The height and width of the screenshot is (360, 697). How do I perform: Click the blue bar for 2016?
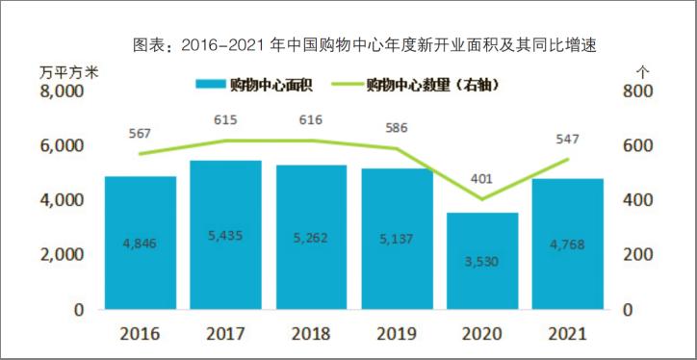pyautogui.click(x=141, y=243)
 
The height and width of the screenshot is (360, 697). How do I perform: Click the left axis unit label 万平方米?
pyautogui.click(x=68, y=70)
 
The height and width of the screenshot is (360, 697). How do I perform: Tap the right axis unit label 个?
pyautogui.click(x=644, y=70)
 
